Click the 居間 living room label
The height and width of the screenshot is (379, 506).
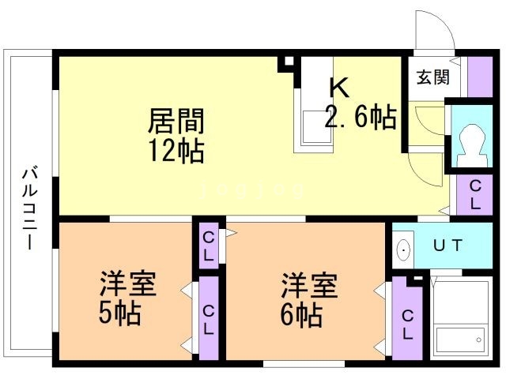pyautogui.click(x=176, y=122)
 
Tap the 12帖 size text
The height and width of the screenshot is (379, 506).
pyautogui.click(x=176, y=150)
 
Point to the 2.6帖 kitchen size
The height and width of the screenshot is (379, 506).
pyautogui.click(x=361, y=118)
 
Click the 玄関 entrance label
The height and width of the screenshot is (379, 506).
pyautogui.click(x=433, y=77)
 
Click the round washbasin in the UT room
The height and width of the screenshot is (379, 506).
pyautogui.click(x=404, y=251)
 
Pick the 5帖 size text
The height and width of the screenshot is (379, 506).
pyautogui.click(x=119, y=314)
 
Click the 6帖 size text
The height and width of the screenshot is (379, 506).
pyautogui.click(x=300, y=315)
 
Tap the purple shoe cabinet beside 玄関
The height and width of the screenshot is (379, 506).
pyautogui.click(x=479, y=77)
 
